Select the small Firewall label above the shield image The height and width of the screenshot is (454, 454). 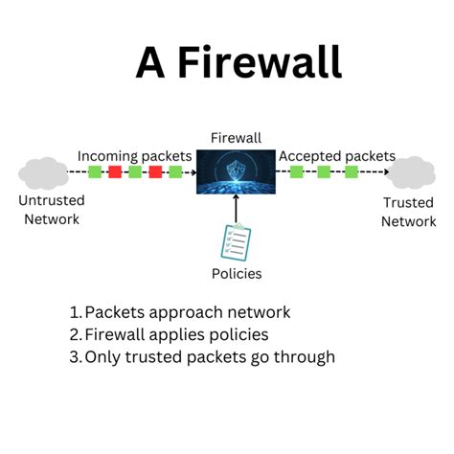click(x=235, y=138)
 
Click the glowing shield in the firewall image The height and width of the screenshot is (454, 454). click(x=235, y=171)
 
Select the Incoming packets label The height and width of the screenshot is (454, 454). click(x=134, y=155)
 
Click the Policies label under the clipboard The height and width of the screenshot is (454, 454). click(x=235, y=274)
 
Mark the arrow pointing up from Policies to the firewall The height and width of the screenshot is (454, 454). click(x=235, y=207)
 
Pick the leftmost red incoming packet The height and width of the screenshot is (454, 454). click(x=114, y=173)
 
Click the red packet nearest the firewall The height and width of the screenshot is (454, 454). click(x=154, y=173)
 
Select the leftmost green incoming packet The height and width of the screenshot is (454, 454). click(x=94, y=173)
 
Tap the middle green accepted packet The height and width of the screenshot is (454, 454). click(x=324, y=173)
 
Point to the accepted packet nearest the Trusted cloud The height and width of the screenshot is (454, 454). click(x=352, y=173)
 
